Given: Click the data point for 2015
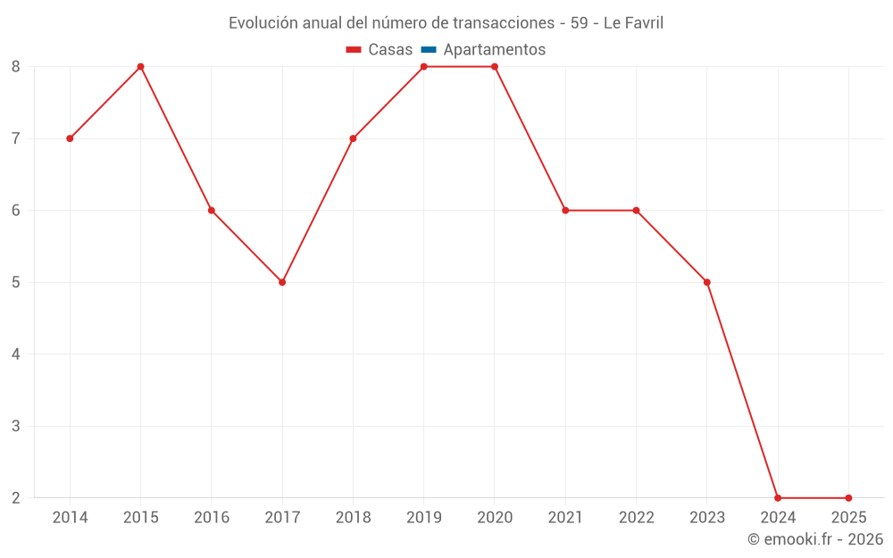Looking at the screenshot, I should tap(140, 67).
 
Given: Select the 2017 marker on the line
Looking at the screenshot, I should tap(282, 282).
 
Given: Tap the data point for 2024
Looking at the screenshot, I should tap(778, 497).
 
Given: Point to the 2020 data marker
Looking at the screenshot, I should tap(495, 67).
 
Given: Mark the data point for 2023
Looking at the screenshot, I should tap(707, 282).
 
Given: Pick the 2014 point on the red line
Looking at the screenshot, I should tap(70, 138).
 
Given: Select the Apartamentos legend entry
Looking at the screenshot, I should tap(494, 50).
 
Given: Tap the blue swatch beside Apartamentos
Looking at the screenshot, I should tap(429, 50).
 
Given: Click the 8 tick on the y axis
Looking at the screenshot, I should tap(16, 67).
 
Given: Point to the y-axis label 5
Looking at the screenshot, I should tap(16, 282).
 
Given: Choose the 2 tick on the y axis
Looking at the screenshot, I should tap(16, 497).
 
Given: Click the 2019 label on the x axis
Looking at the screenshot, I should tap(423, 518).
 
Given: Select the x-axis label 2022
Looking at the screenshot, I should tap(636, 518).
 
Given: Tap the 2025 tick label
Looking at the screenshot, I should tap(848, 518).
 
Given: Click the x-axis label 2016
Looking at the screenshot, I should tap(212, 518).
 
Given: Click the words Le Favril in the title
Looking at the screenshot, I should tap(633, 22).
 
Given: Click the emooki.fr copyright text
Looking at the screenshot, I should tap(815, 539).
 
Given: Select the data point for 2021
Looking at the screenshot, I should tap(565, 211).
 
